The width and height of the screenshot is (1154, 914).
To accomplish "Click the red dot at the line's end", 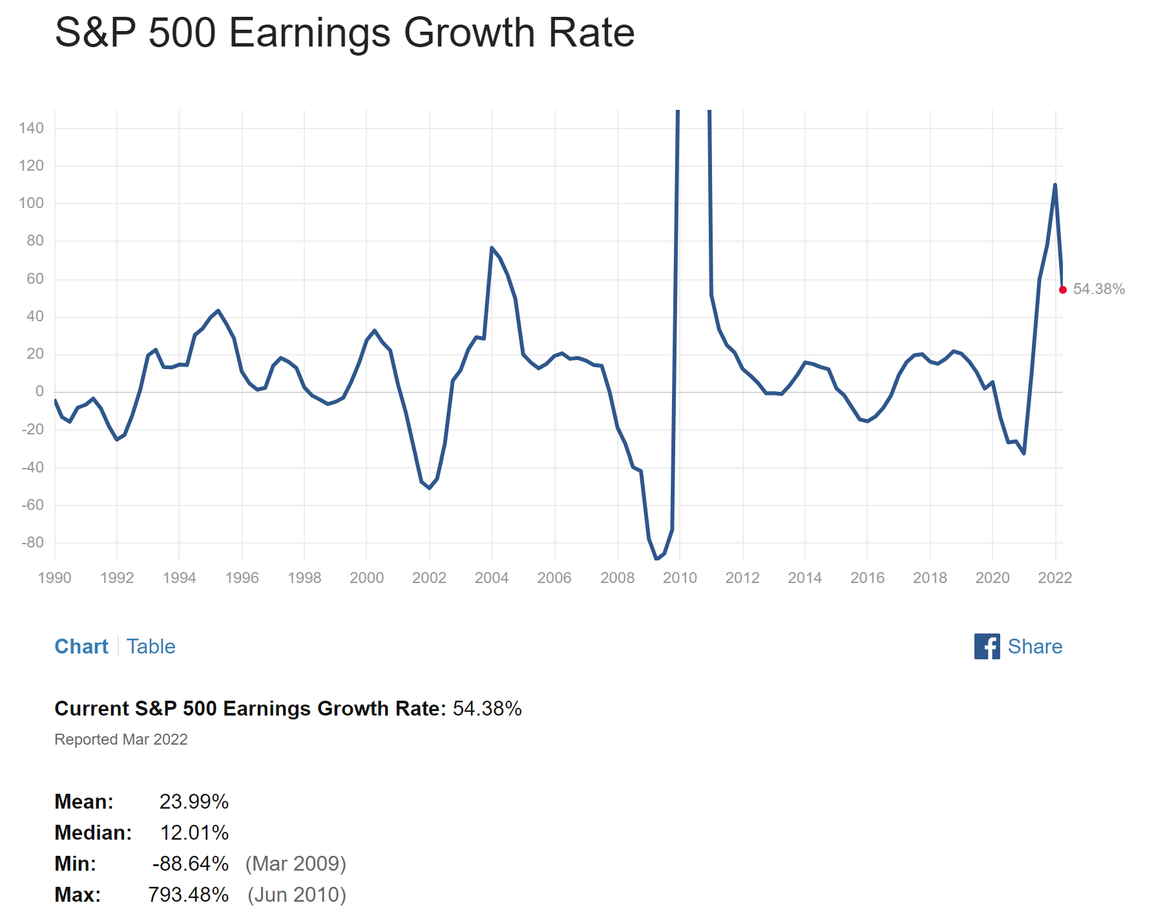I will (1062, 290).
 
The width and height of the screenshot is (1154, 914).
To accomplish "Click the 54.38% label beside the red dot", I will (1098, 289).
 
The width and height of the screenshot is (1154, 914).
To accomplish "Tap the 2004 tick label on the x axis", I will (491, 577).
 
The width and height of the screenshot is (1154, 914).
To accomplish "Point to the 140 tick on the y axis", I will (31, 128).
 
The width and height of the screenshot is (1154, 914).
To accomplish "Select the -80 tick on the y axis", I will (32, 542).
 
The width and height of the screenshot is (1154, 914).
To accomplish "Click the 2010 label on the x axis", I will (680, 577).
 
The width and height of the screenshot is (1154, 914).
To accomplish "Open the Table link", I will (151, 646).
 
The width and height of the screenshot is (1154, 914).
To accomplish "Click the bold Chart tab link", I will (81, 646).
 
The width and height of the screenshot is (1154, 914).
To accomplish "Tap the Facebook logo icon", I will (987, 646).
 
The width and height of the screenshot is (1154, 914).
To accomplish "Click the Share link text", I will (1034, 646).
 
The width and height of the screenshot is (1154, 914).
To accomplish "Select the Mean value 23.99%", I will (194, 802).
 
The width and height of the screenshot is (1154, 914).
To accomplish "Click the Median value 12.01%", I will (194, 833).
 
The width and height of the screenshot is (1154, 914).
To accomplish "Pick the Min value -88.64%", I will (191, 864).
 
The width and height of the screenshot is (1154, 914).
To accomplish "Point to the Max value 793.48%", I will (188, 895).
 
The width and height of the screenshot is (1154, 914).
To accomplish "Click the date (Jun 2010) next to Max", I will (297, 895).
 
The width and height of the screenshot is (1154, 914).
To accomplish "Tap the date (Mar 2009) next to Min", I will (296, 864).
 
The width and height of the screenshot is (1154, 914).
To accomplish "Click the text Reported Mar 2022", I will (121, 739).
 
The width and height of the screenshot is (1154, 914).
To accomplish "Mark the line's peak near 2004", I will (492, 248).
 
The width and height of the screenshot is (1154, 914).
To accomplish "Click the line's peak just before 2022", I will (1054, 185).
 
